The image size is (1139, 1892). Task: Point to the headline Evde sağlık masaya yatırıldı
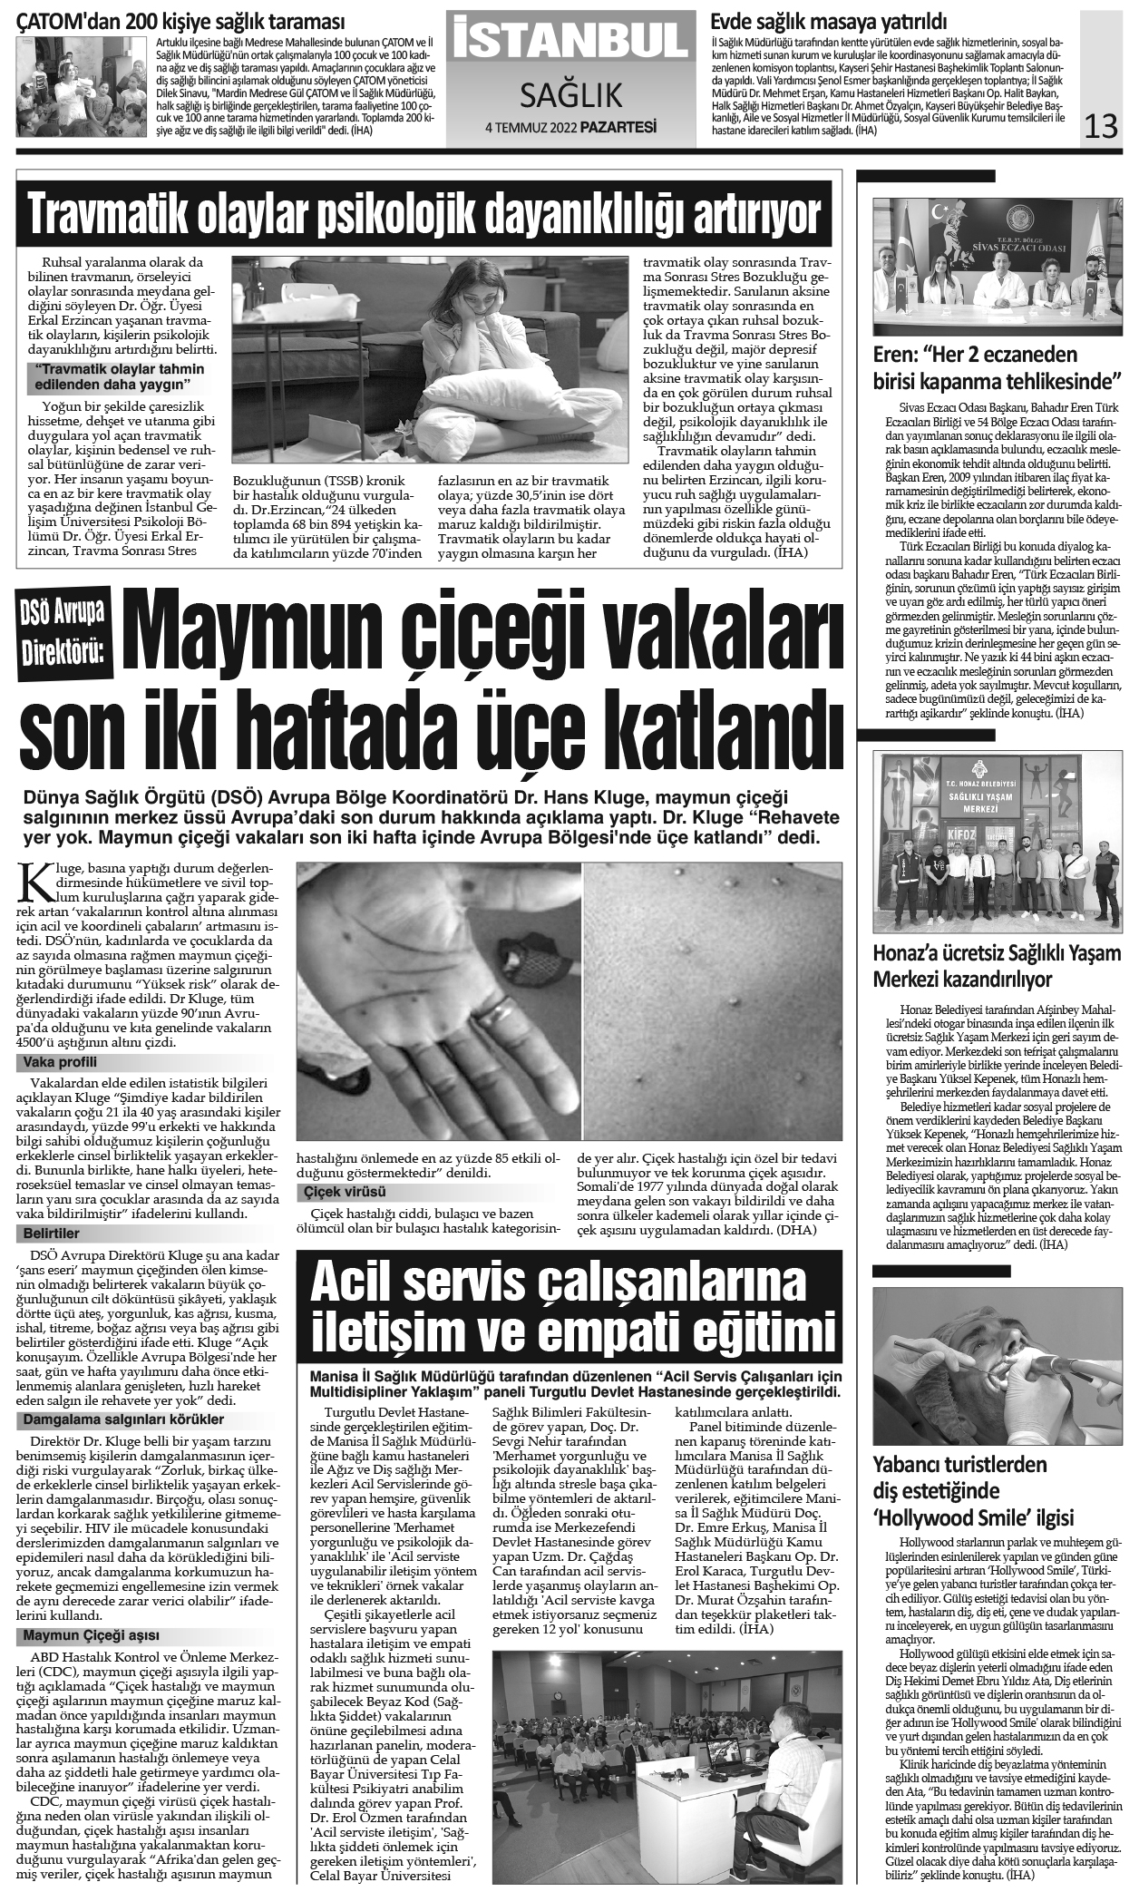(829, 22)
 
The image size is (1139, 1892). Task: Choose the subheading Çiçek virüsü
(346, 1191)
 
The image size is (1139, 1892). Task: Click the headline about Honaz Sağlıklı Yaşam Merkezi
(998, 967)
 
